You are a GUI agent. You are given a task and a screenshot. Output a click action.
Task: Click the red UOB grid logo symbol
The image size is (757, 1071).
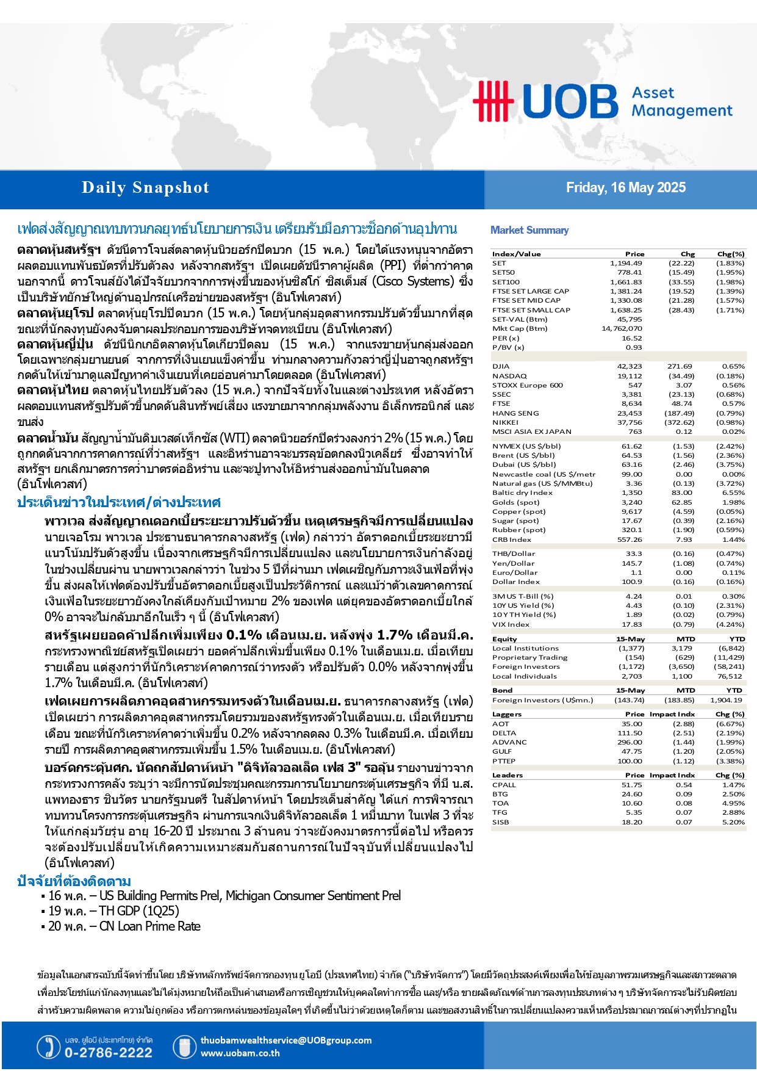click(x=493, y=101)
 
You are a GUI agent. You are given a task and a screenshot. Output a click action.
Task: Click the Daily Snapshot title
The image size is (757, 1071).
click(x=145, y=188)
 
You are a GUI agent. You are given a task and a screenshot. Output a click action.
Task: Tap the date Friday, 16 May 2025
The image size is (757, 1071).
click(x=625, y=187)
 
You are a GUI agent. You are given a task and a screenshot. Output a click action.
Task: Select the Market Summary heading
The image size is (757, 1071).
click(x=529, y=230)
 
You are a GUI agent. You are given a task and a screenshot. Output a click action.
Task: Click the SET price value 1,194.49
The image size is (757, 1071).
click(x=626, y=263)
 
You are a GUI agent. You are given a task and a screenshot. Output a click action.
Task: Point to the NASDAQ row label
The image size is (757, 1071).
click(x=509, y=376)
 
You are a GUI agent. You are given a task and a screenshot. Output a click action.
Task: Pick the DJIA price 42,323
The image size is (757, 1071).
click(x=630, y=366)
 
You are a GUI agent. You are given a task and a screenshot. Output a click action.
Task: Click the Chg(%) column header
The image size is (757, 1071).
click(x=731, y=254)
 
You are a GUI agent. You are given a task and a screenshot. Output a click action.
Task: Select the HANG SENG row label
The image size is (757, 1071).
click(x=515, y=413)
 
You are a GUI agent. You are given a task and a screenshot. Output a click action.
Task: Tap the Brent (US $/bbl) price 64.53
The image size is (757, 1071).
click(x=631, y=455)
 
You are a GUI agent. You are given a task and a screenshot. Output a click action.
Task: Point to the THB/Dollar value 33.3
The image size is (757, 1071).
click(x=634, y=554)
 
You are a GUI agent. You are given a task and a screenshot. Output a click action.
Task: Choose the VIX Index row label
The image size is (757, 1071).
click(x=511, y=624)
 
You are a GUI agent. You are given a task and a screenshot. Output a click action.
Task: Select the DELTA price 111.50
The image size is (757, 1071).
click(x=630, y=733)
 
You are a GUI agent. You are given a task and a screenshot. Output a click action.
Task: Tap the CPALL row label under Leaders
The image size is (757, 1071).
click(x=504, y=785)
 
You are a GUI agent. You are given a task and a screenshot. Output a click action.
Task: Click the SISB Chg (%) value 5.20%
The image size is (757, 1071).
click(x=733, y=822)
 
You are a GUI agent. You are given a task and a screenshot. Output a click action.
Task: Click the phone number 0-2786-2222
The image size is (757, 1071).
click(x=108, y=1053)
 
